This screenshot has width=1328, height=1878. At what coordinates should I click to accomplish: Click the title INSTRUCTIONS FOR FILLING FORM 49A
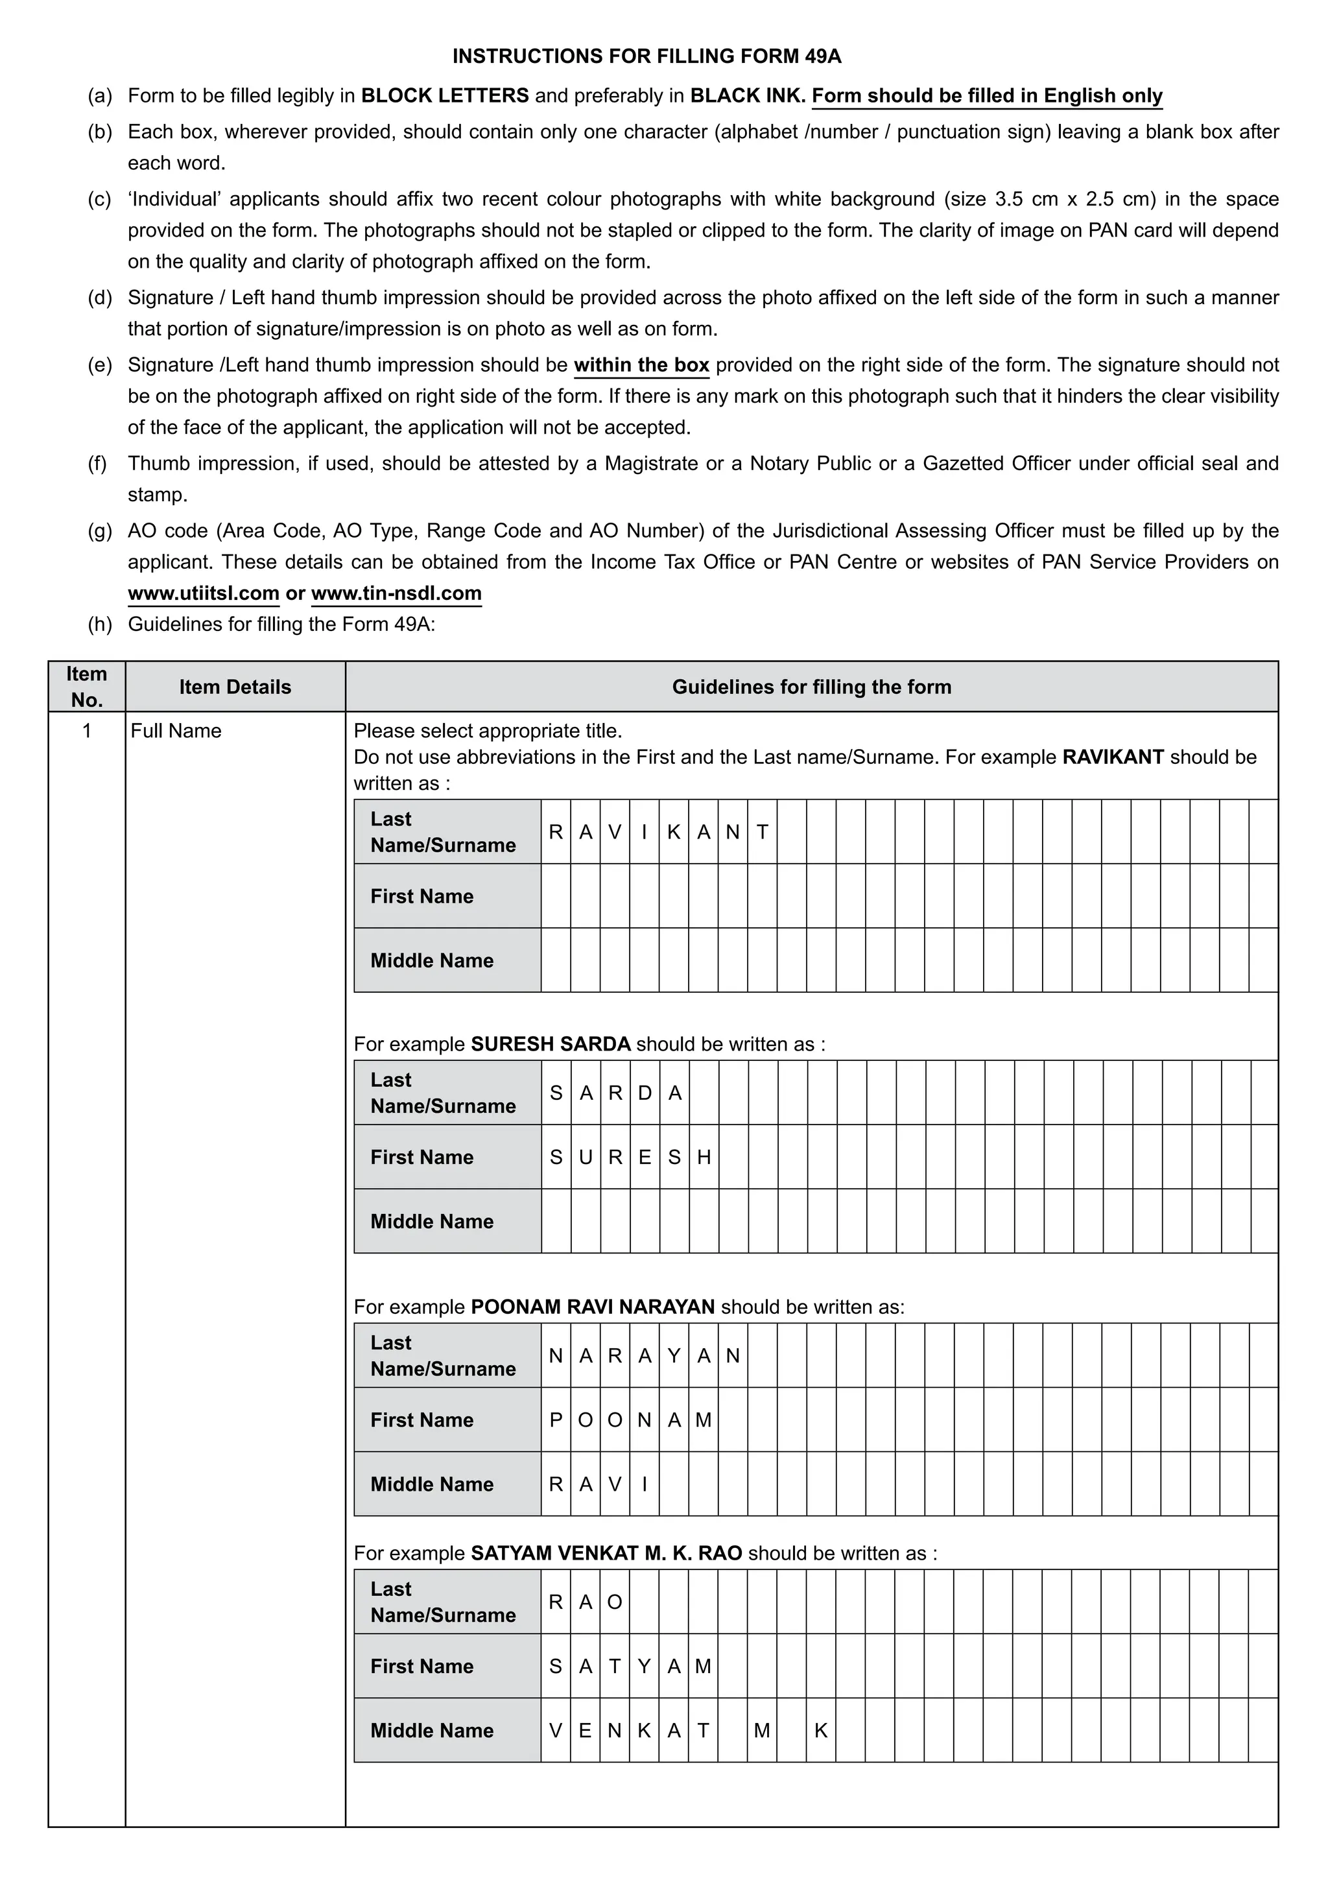(x=647, y=56)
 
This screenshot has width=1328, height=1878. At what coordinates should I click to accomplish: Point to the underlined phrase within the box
(x=641, y=365)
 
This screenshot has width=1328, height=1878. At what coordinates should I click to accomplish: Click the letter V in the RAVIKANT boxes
(x=615, y=832)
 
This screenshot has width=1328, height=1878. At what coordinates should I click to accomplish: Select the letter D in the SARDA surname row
(x=645, y=1093)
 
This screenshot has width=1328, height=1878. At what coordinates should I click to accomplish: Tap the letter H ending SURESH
(x=704, y=1157)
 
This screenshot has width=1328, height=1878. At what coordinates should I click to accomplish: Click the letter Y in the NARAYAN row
(x=674, y=1356)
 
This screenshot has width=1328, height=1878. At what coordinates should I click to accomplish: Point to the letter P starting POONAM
(x=556, y=1420)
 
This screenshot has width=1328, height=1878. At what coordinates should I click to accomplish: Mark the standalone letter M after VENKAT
(x=762, y=1731)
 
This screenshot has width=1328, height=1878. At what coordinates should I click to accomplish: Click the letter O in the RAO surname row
(x=615, y=1602)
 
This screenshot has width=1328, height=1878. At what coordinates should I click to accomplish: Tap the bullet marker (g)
(x=100, y=531)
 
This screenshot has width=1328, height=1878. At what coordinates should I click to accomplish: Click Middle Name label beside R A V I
(x=431, y=1484)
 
